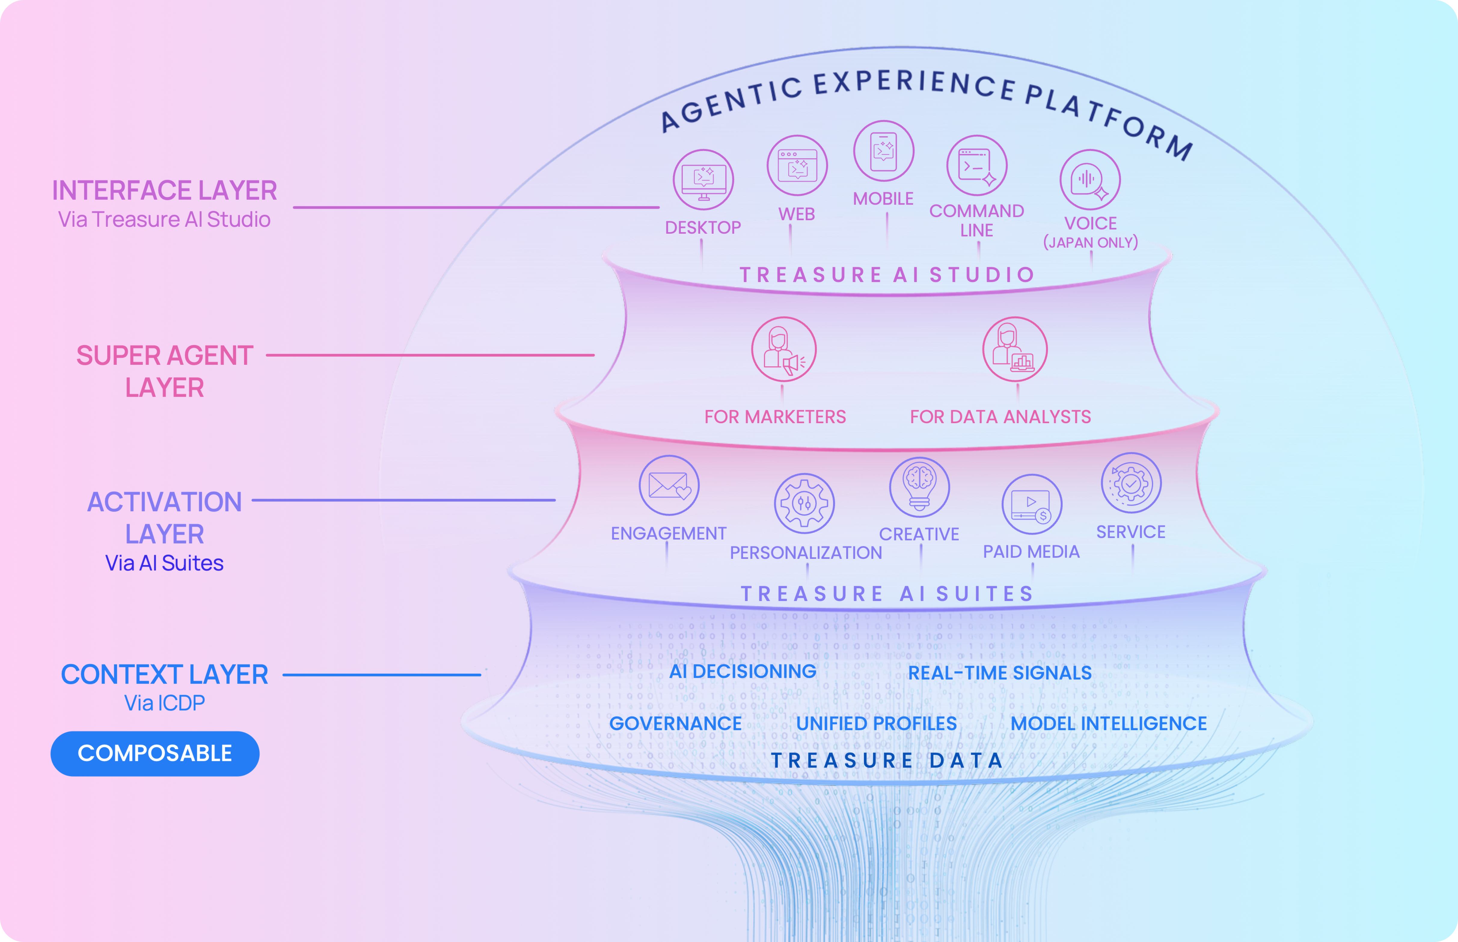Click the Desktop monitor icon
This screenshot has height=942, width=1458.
point(703,180)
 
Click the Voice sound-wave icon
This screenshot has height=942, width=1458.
point(1090,180)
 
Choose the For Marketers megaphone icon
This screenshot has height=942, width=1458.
point(784,349)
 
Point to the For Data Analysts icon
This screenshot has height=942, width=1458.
point(1015,349)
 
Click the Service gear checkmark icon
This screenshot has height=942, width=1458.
point(1131,483)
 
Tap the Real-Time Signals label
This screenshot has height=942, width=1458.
point(1000,673)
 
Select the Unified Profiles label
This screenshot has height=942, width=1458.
point(877,724)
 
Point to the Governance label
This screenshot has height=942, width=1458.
point(675,724)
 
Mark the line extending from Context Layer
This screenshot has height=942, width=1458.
point(382,675)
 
